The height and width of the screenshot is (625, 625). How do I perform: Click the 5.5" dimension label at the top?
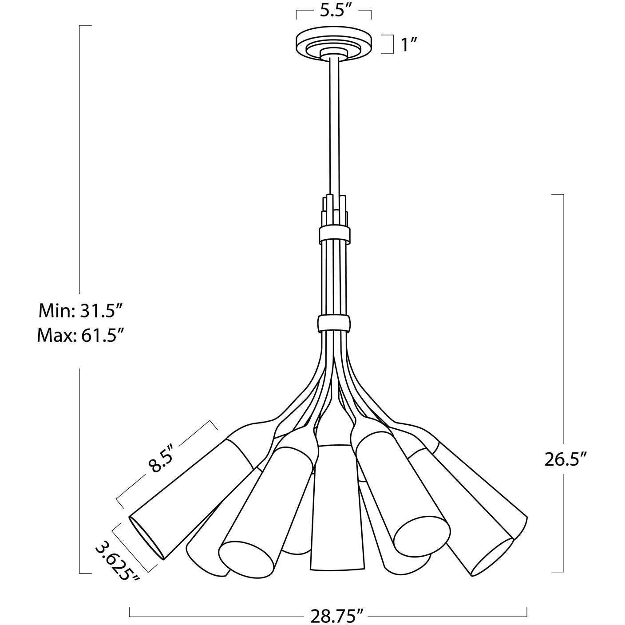tap(334, 12)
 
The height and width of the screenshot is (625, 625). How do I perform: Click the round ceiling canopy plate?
tap(334, 44)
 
